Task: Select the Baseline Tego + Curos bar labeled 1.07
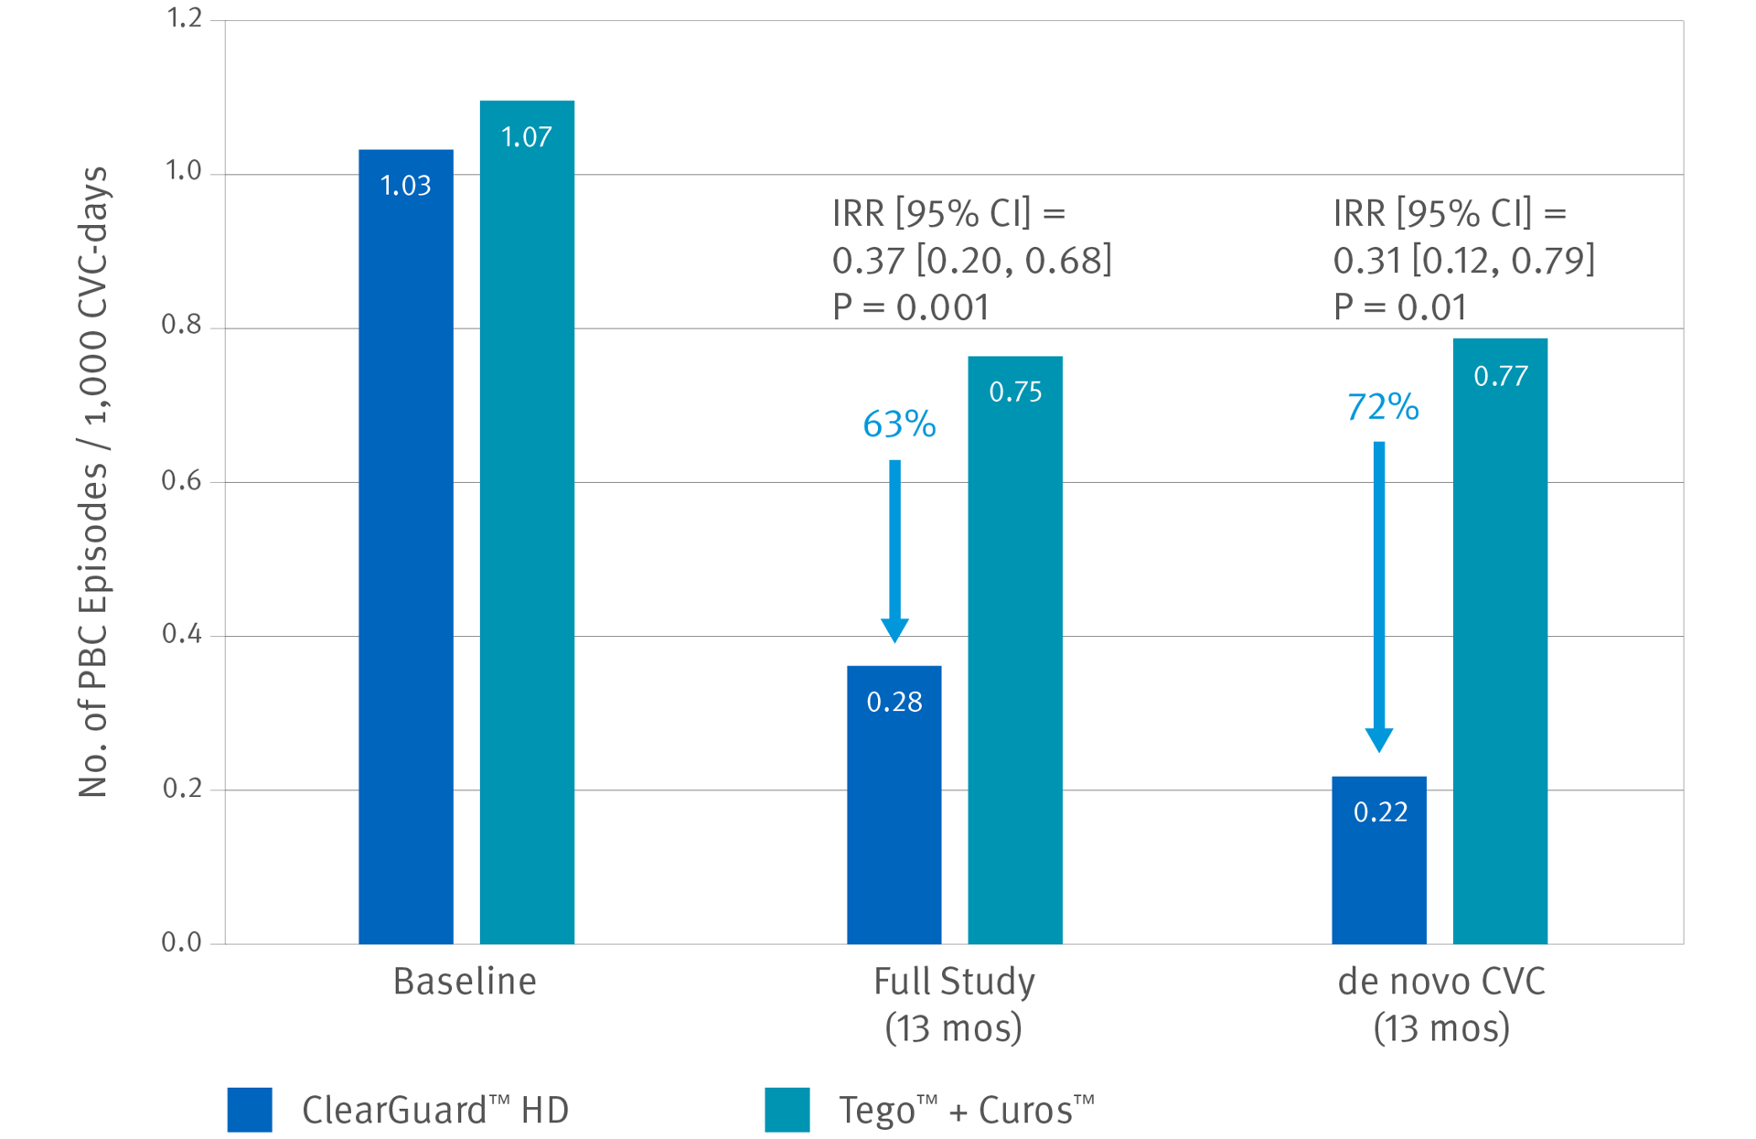click(527, 521)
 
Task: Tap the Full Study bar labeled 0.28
click(894, 804)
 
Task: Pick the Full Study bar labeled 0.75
click(1015, 650)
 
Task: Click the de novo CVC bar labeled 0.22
click(1378, 860)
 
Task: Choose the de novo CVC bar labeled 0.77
click(1500, 640)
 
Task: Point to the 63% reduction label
click(899, 424)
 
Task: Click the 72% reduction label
click(1382, 406)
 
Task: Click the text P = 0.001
click(910, 307)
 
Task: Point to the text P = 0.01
click(1399, 307)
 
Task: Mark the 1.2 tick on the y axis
click(183, 18)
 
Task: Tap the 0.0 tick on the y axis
click(181, 941)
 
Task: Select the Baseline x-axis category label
click(465, 982)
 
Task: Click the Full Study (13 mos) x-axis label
click(953, 1005)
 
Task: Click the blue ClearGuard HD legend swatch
click(250, 1110)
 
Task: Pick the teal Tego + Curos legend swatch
click(787, 1110)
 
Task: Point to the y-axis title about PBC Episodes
click(93, 481)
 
